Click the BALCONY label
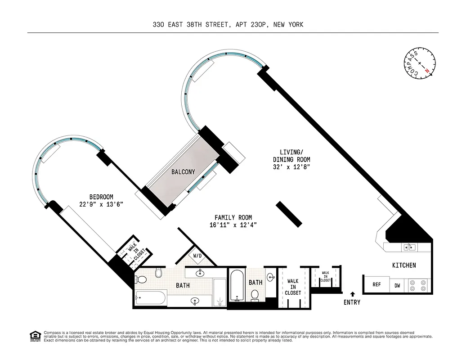tap(183, 172)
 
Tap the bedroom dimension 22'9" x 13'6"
tap(101, 204)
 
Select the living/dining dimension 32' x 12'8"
tap(291, 167)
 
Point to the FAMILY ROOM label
tap(233, 218)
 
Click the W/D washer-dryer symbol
tap(197, 256)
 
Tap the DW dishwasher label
tap(397, 285)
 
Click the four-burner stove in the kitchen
tap(418, 285)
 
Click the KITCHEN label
tap(404, 265)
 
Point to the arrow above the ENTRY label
tap(352, 294)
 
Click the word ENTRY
tap(352, 302)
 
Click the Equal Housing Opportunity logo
tap(35, 336)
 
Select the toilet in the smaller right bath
tap(255, 295)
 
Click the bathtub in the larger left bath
tap(151, 297)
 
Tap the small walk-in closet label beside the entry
tap(325, 276)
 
